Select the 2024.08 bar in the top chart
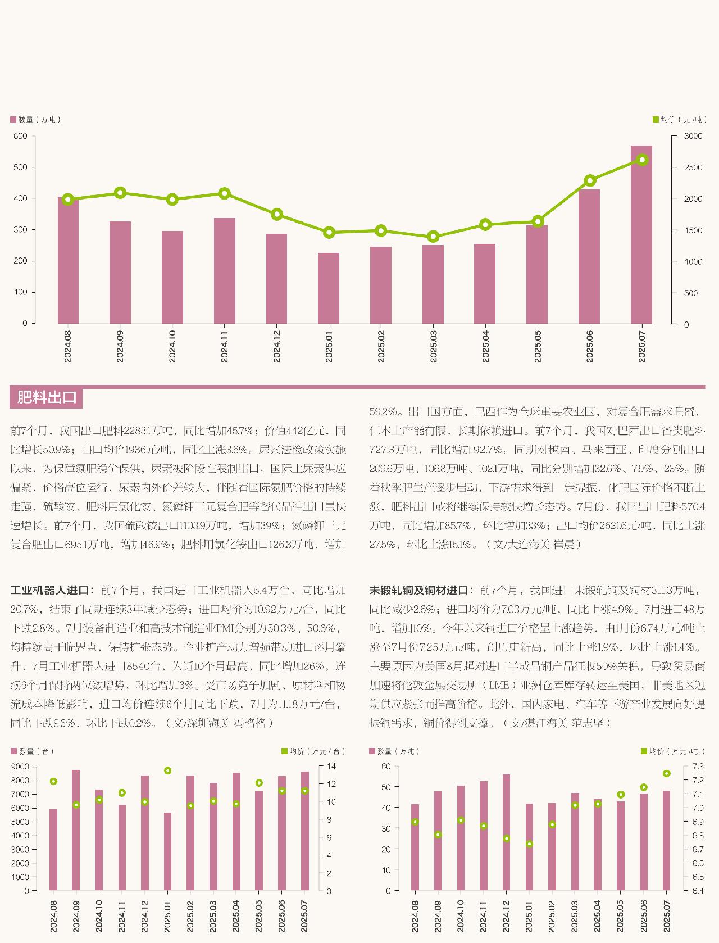tap(68, 261)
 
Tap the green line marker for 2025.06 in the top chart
tap(590, 180)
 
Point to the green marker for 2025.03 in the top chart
tap(433, 237)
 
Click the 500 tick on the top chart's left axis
tap(21, 167)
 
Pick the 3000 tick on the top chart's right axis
tap(693, 136)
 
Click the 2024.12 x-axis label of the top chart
tap(277, 346)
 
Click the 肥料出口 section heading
tap(47, 397)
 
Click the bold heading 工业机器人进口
tap(49, 591)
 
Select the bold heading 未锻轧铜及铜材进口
tap(418, 591)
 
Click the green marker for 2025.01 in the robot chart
tap(167, 770)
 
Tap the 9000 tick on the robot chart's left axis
tap(21, 767)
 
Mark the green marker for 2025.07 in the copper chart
tap(667, 774)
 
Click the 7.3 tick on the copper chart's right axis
tap(698, 767)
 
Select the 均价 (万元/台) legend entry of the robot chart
tap(312, 751)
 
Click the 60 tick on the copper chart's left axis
tap(386, 767)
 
